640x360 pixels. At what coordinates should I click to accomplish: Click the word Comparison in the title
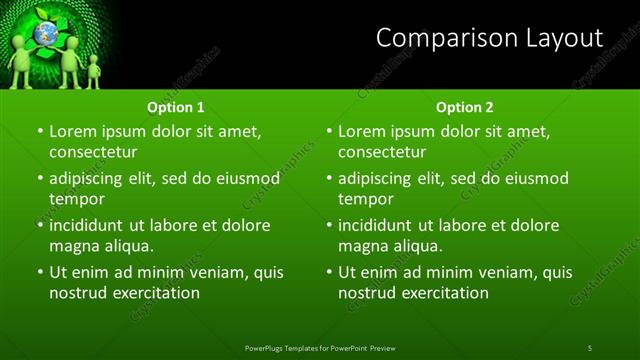[433, 39]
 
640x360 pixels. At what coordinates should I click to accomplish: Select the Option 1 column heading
[176, 107]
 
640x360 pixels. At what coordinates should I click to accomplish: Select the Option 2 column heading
[465, 107]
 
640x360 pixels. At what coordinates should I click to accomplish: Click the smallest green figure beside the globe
[93, 70]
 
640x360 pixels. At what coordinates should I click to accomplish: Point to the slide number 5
[590, 347]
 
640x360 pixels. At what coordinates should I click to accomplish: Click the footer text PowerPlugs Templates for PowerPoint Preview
[320, 347]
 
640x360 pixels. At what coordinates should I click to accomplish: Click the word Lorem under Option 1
[73, 131]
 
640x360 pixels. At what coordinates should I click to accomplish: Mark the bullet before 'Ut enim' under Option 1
[39, 272]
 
